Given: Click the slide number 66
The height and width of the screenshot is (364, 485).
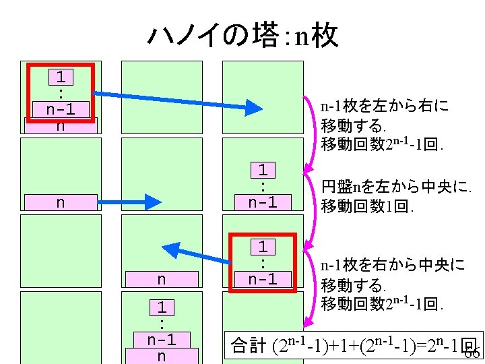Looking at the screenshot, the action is [x=472, y=353].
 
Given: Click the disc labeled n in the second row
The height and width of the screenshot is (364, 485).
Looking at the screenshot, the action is [x=61, y=202].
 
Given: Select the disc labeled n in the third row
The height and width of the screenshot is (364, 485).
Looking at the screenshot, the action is [x=161, y=279].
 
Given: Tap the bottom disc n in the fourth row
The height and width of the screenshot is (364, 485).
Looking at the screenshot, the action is [x=161, y=357].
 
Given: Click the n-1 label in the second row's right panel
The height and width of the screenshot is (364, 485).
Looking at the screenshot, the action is [x=263, y=202].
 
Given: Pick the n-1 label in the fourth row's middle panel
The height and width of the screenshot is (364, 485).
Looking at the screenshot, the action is [x=161, y=340].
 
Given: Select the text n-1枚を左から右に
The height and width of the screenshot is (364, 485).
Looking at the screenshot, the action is [x=384, y=107].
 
